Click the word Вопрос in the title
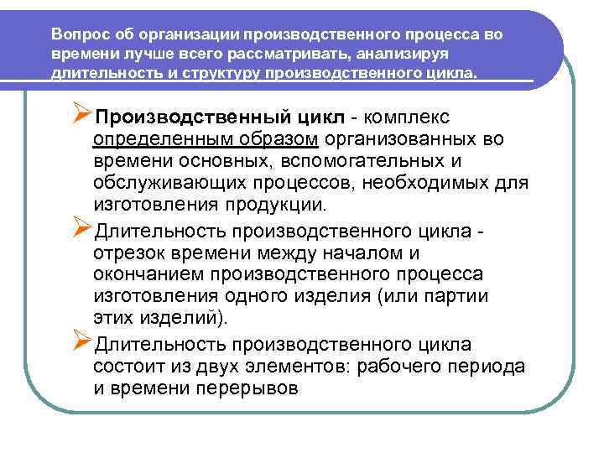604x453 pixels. click(x=76, y=35)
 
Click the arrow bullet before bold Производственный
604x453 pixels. click(x=81, y=114)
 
